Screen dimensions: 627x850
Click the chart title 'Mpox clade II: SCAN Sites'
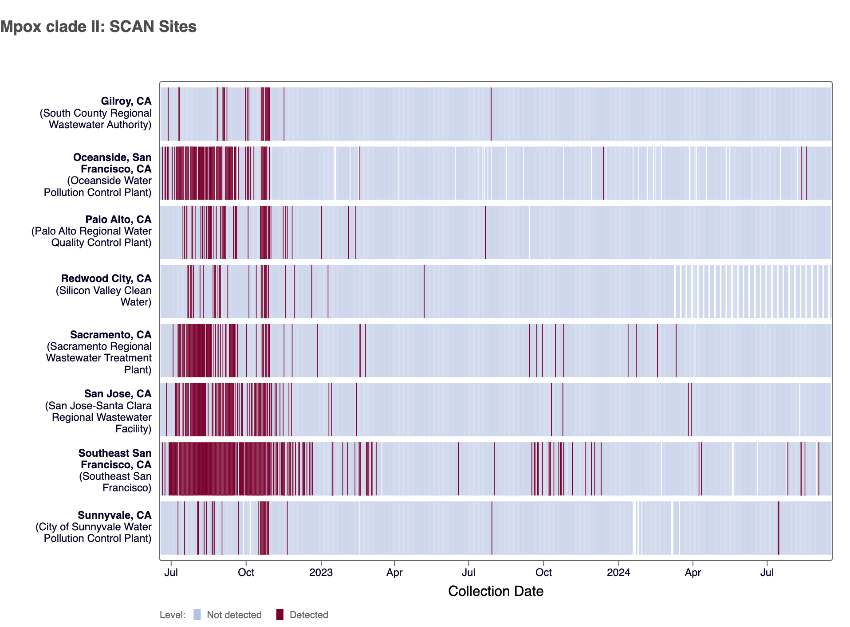(x=98, y=27)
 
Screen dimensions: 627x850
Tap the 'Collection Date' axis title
(x=496, y=591)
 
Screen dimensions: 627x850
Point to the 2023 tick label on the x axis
(x=321, y=572)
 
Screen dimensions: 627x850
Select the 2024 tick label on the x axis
(x=618, y=572)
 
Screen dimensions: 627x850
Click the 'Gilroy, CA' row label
(x=126, y=102)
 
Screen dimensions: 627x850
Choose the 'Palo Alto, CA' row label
(x=118, y=219)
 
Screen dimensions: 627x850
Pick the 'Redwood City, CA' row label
(x=106, y=278)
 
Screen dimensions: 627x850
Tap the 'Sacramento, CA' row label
(x=111, y=335)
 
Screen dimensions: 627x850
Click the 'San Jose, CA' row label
(x=118, y=394)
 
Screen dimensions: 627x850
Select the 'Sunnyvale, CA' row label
(x=114, y=515)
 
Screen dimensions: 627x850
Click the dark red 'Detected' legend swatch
(x=279, y=615)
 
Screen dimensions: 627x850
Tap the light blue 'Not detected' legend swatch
(x=197, y=615)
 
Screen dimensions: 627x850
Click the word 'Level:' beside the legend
(x=173, y=615)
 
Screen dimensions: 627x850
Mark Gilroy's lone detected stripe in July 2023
(x=491, y=114)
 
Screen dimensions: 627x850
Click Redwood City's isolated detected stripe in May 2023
(x=424, y=291)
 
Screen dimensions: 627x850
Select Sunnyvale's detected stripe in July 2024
(x=778, y=528)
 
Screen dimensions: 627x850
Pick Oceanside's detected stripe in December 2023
(x=604, y=173)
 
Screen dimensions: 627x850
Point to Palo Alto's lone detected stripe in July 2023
(x=485, y=232)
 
